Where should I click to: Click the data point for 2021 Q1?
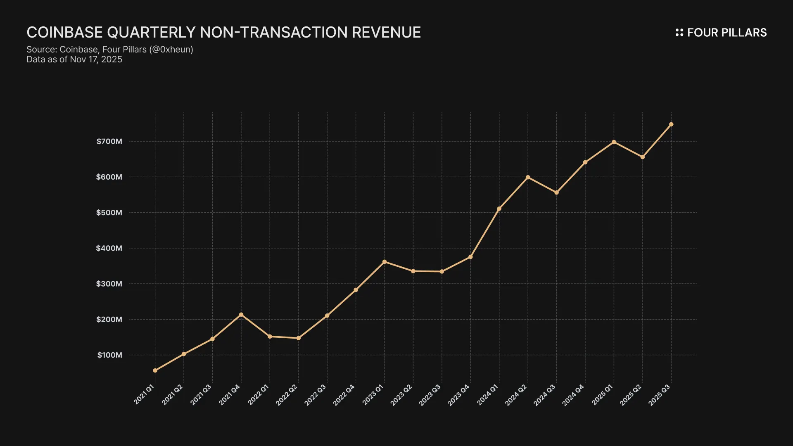click(x=155, y=370)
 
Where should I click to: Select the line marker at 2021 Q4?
click(x=241, y=315)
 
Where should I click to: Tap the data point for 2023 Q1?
click(x=385, y=262)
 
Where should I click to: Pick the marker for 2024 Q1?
click(x=499, y=209)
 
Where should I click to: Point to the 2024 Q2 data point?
click(x=528, y=178)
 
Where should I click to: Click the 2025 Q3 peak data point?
click(x=671, y=124)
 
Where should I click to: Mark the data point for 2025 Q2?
click(x=643, y=157)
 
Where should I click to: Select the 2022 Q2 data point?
click(x=299, y=338)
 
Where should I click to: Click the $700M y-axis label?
click(x=109, y=142)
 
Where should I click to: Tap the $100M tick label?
click(x=110, y=355)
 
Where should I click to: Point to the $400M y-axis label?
click(x=109, y=248)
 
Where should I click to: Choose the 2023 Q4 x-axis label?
click(x=458, y=395)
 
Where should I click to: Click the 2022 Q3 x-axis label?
click(x=315, y=395)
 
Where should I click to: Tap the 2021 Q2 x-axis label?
click(x=172, y=395)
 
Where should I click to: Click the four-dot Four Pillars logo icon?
click(x=679, y=33)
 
